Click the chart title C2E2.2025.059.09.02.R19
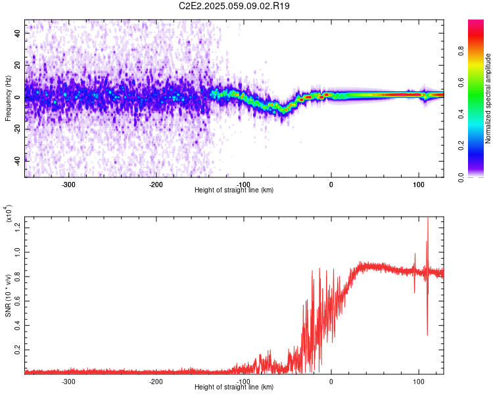(x=234, y=6)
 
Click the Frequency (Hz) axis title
(x=8, y=98)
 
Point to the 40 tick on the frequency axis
(x=17, y=33)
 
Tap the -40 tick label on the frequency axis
(x=17, y=162)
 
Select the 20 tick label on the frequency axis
(x=17, y=65)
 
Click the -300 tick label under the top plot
(x=68, y=185)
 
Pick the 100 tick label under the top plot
(x=419, y=185)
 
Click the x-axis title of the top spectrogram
(x=234, y=190)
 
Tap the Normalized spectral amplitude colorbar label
(x=488, y=98)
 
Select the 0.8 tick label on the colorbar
(x=461, y=51)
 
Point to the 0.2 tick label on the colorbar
(x=461, y=146)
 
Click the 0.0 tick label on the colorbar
(x=461, y=177)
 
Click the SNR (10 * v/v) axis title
(x=8, y=295)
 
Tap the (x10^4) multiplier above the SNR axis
(x=9, y=213)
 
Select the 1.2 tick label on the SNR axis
(x=17, y=228)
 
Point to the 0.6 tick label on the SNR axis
(x=17, y=301)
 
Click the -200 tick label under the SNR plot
(x=156, y=382)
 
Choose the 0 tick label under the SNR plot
(x=331, y=382)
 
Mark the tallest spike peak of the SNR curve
(x=428, y=217)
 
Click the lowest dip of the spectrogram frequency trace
(x=283, y=112)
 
